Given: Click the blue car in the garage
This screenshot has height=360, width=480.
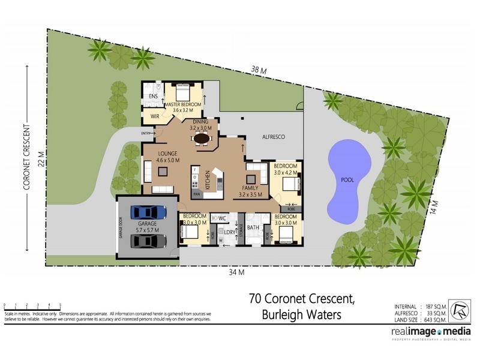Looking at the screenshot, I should tap(148, 212).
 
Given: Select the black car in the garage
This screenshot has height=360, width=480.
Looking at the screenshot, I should tap(148, 241).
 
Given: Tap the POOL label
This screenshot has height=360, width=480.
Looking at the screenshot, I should tap(346, 179).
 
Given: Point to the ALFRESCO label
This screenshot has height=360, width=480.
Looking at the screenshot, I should tap(274, 137).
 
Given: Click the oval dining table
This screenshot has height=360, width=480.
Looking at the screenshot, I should tap(202, 139).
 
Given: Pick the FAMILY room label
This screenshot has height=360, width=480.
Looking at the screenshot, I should tap(251, 188).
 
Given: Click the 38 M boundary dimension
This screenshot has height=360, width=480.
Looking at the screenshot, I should tap(259, 70).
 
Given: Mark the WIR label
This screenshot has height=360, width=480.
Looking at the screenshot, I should tap(154, 116).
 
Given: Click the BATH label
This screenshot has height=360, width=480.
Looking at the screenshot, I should tap(252, 227).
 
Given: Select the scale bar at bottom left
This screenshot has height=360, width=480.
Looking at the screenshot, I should tap(32, 306).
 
